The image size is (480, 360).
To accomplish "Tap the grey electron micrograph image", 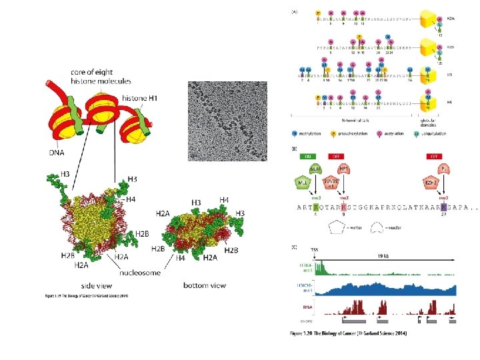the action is point(227,121).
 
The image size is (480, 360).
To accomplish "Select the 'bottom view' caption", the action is point(204,285).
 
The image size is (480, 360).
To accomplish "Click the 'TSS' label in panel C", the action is point(315,252).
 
